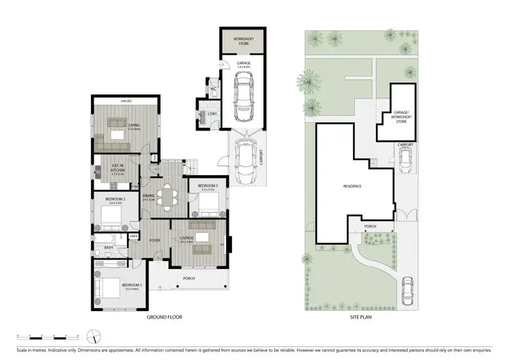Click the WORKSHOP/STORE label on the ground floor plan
(x=243, y=42)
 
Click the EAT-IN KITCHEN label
(x=119, y=169)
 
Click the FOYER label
(x=155, y=240)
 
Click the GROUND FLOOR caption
(x=165, y=317)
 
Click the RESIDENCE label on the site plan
(x=352, y=186)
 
